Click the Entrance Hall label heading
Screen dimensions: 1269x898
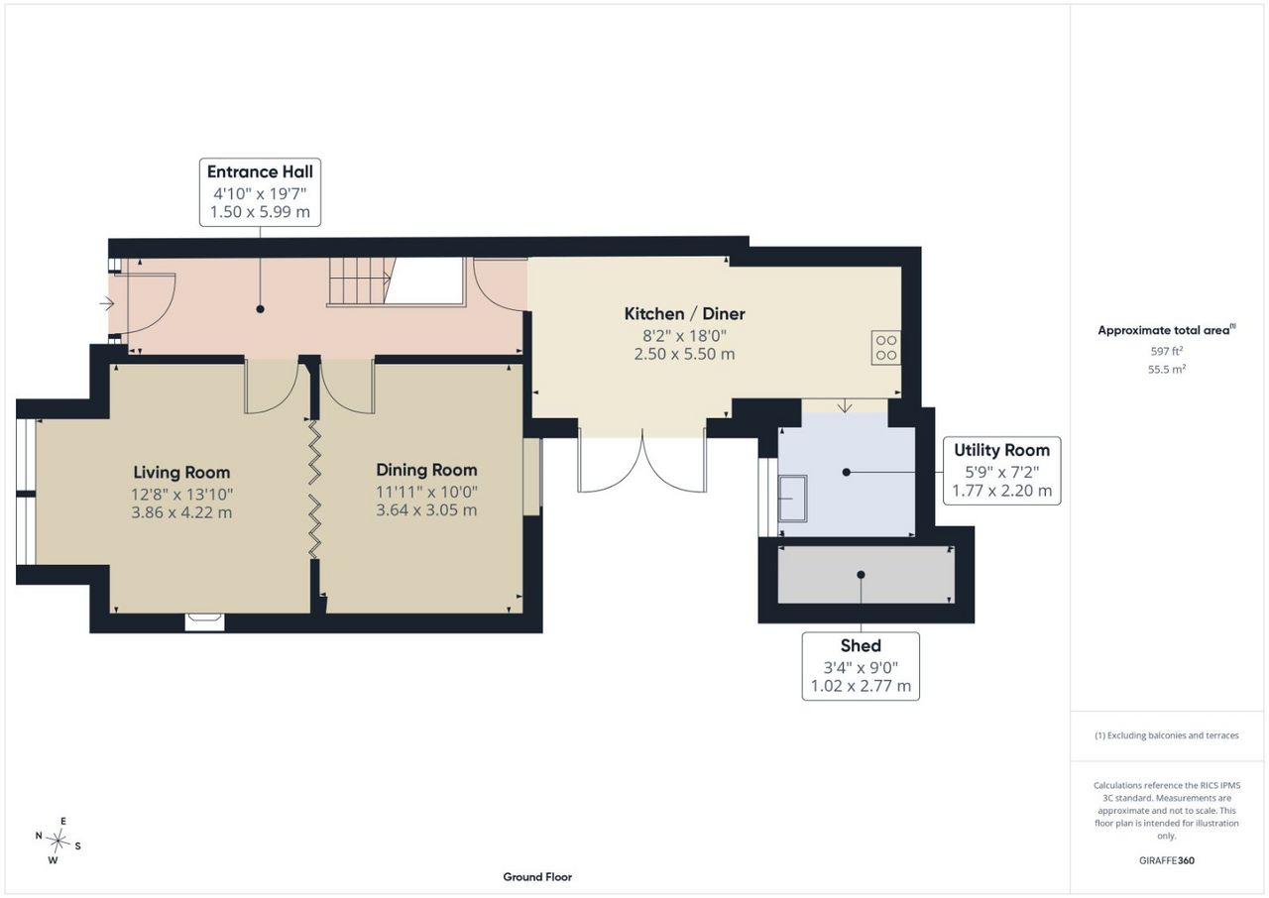[x=260, y=171]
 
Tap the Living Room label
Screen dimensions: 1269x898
[x=181, y=472]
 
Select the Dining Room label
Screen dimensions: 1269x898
[x=426, y=470]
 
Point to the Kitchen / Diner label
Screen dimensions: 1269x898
[x=684, y=313]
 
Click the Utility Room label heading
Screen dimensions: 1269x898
[x=1001, y=450]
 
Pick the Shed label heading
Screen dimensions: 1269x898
[x=861, y=645]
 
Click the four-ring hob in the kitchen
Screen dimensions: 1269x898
[x=886, y=348]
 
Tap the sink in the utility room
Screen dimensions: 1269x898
[x=792, y=499]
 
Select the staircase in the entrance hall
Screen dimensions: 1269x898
[x=360, y=281]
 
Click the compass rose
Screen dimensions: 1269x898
[x=58, y=842]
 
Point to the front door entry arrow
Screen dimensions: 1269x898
[x=106, y=304]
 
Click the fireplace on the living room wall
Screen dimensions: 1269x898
[x=204, y=621]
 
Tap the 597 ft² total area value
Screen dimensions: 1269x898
[x=1167, y=351]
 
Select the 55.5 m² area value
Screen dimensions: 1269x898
[x=1167, y=369]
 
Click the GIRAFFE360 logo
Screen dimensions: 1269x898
[x=1167, y=860]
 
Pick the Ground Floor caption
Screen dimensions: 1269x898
[x=537, y=877]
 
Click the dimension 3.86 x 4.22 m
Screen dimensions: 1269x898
[x=181, y=512]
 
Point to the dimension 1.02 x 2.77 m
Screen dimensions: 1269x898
[x=861, y=686]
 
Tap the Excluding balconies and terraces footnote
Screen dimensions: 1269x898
[x=1167, y=735]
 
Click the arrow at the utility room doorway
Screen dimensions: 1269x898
[x=845, y=405]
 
